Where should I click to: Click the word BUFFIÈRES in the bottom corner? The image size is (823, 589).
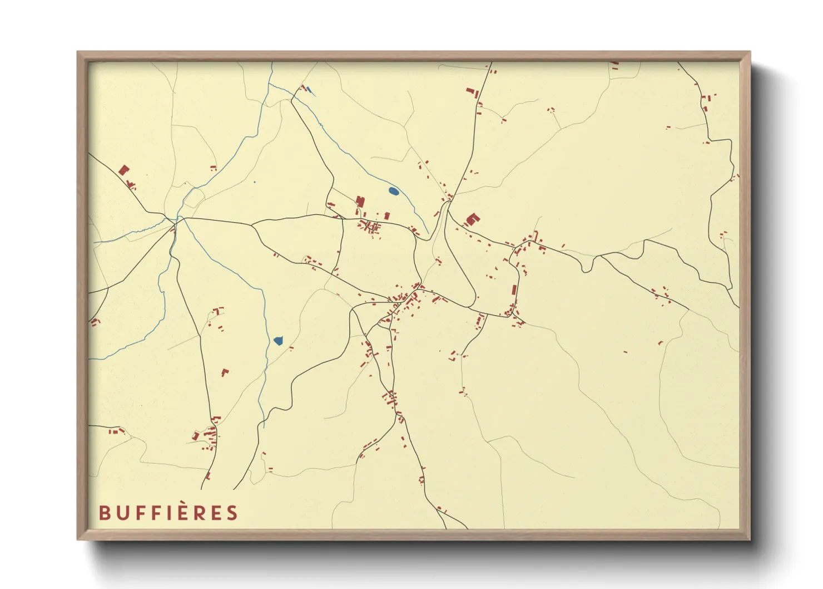pyautogui.click(x=168, y=513)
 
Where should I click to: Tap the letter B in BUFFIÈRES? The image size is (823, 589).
pyautogui.click(x=104, y=513)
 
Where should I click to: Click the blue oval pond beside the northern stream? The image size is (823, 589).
pyautogui.click(x=393, y=192)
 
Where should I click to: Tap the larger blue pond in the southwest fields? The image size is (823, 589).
pyautogui.click(x=278, y=340)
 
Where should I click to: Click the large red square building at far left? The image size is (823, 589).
pyautogui.click(x=123, y=170)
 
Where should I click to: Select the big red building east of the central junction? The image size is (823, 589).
pyautogui.click(x=472, y=219)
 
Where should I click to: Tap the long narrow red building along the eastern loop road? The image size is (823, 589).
pyautogui.click(x=514, y=291)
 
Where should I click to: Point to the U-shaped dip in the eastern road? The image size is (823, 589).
pyautogui.click(x=586, y=267)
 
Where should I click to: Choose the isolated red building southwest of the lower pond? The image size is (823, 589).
pyautogui.click(x=225, y=372)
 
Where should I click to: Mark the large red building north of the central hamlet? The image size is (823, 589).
pyautogui.click(x=360, y=202)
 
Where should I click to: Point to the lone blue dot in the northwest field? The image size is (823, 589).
pyautogui.click(x=254, y=182)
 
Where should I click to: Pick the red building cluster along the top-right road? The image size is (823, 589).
pyautogui.click(x=705, y=103)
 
